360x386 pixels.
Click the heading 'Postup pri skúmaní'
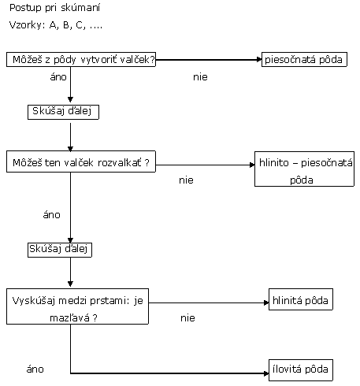point(54,8)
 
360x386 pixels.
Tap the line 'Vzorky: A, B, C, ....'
point(56,25)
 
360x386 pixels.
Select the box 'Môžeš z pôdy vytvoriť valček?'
point(81,60)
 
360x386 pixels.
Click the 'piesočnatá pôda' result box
point(304,60)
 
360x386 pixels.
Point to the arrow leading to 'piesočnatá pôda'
point(209,60)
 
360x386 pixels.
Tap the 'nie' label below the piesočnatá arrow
point(200,77)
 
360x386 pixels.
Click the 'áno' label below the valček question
point(58,77)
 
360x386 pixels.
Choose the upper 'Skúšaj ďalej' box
point(63,112)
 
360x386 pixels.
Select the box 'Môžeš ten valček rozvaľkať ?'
point(81,161)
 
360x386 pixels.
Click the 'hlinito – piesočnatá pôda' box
point(304,169)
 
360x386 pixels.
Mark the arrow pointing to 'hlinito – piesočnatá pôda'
point(205,165)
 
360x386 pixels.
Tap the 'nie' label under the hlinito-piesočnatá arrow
point(186,180)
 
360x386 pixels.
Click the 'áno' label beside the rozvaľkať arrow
point(51,215)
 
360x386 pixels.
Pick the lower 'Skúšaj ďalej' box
point(60,250)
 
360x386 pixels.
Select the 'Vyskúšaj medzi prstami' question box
point(77,306)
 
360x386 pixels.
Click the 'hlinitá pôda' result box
point(301,299)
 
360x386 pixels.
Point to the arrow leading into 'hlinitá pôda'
point(209,302)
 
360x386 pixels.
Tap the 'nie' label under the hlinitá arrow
point(187,318)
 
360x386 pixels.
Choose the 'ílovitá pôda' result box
point(301,370)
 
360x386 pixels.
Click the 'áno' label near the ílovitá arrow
point(35,369)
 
